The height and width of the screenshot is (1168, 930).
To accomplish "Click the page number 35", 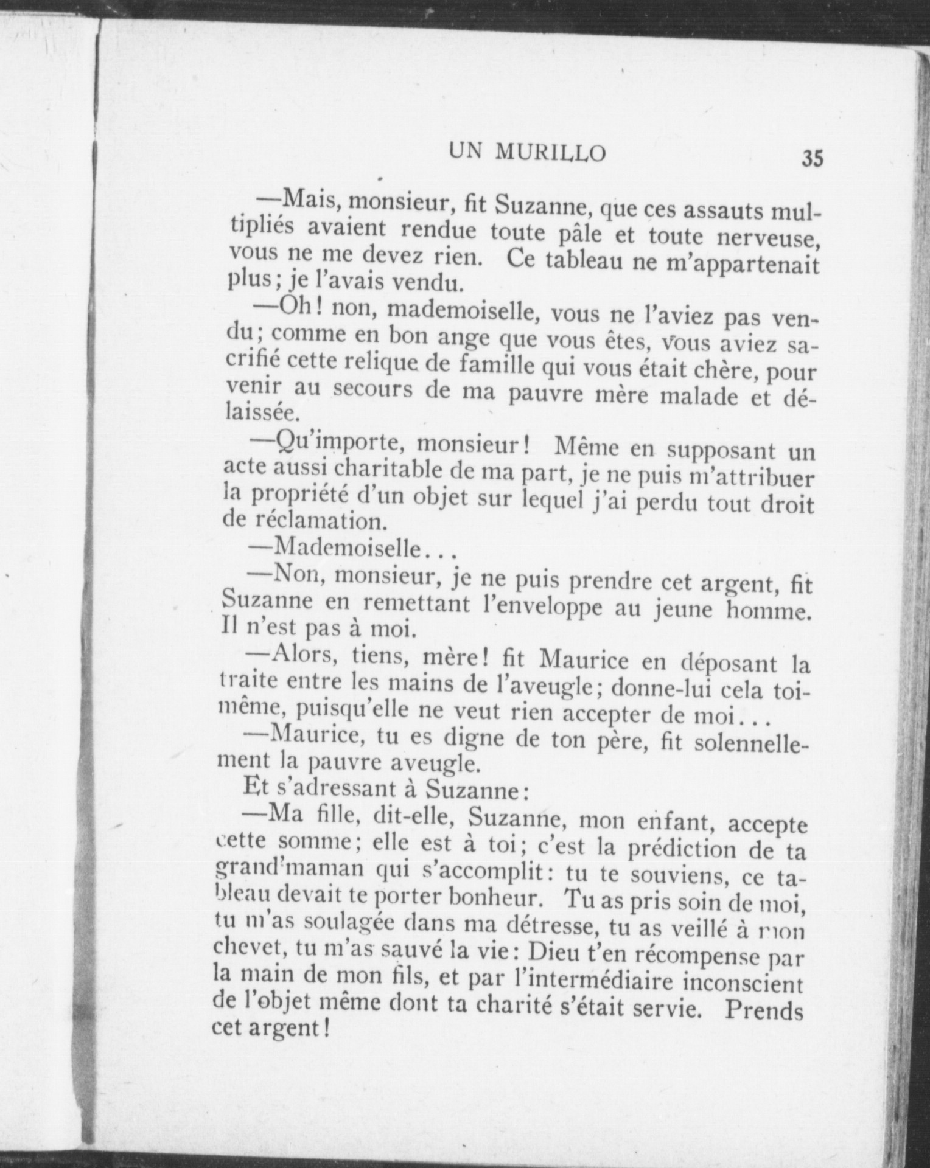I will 812,159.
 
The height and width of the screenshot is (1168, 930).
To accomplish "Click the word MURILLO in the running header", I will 550,153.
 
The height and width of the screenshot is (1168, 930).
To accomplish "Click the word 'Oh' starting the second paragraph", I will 296,307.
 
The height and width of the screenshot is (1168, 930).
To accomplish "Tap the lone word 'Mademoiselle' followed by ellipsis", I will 347,548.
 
